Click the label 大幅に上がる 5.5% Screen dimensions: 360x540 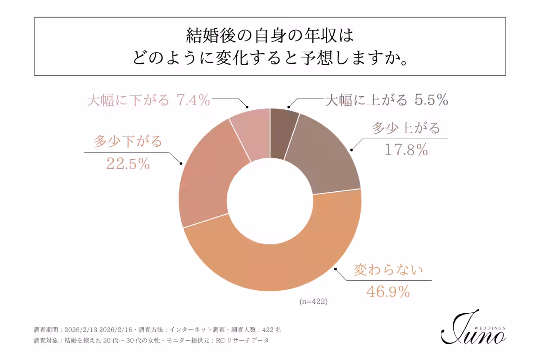386,100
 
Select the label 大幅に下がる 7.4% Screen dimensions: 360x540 148,100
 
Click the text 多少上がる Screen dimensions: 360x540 405,128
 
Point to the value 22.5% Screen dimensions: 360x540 128,164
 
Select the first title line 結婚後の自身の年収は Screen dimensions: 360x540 270,35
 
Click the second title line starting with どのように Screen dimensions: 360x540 270,58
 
